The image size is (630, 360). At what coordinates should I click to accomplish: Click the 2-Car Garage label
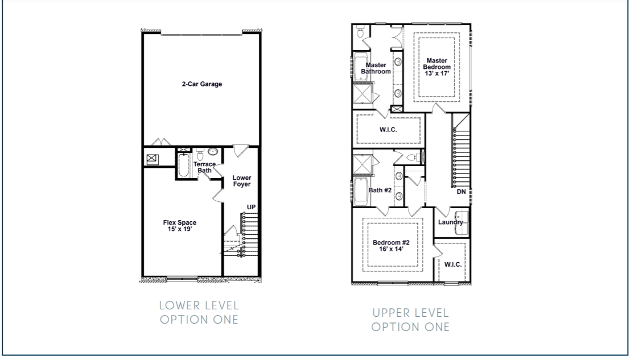(201, 84)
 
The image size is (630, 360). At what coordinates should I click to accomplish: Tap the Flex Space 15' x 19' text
(180, 226)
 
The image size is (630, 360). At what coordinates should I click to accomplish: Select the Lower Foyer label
(241, 181)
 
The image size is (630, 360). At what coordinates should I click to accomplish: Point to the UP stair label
(251, 207)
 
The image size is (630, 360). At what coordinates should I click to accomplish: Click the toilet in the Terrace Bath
(200, 154)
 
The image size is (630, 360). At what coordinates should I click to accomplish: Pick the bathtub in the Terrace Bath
(184, 164)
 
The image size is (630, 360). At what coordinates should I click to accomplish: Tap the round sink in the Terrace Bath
(213, 152)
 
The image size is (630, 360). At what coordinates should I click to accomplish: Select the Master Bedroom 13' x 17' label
(437, 64)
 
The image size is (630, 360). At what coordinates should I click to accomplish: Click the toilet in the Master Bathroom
(360, 34)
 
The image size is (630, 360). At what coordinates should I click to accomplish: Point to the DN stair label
(461, 192)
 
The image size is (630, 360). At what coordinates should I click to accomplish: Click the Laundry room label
(451, 222)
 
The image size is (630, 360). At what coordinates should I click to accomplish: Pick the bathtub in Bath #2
(361, 191)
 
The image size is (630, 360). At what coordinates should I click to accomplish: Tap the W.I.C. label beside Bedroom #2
(452, 264)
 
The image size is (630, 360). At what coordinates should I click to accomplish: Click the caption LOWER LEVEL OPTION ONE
(199, 312)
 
